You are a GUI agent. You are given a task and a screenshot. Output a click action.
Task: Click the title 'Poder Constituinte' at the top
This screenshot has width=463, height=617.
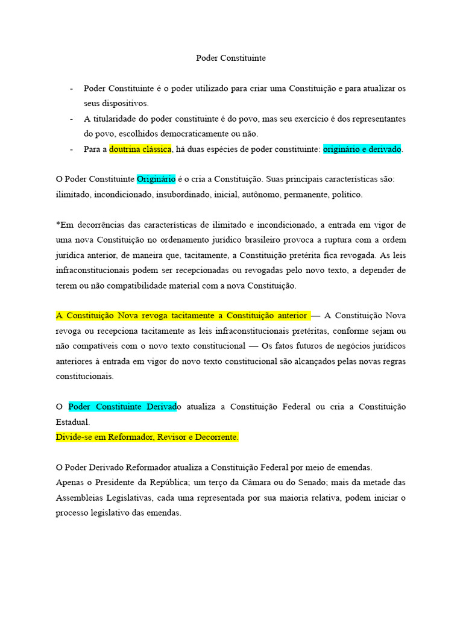(231, 58)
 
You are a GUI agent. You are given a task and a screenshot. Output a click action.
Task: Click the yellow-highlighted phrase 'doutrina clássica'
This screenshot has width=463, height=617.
(140, 149)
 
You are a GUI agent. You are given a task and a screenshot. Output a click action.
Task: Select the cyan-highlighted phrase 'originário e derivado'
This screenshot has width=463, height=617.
(362, 149)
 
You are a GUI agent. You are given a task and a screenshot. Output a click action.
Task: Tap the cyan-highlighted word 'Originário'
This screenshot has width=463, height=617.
(156, 179)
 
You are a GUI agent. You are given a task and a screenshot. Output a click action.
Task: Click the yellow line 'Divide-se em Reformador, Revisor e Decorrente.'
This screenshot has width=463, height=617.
(147, 437)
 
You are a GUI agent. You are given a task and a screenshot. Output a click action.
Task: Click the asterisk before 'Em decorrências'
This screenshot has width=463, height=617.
(58, 225)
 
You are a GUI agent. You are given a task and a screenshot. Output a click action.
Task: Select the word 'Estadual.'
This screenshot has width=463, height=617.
(72, 422)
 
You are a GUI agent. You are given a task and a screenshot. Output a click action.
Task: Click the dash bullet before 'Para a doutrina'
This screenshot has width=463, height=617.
(72, 149)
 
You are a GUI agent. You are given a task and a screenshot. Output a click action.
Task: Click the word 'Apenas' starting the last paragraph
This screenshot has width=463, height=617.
(69, 483)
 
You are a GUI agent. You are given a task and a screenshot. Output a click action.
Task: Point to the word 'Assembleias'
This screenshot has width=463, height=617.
(80, 498)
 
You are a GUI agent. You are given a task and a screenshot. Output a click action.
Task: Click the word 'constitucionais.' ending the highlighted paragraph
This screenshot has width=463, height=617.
(84, 376)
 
